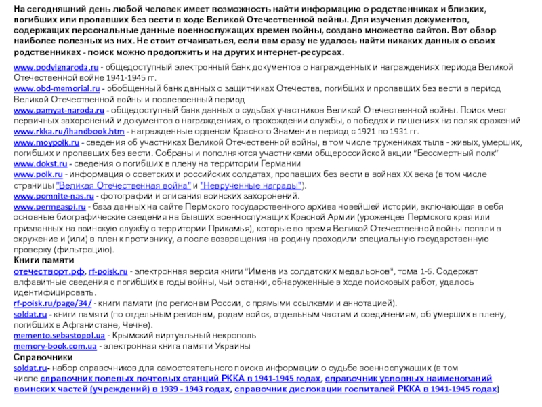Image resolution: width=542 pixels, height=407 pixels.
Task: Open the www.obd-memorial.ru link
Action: point(57,88)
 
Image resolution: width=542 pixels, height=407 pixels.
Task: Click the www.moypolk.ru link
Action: point(47,144)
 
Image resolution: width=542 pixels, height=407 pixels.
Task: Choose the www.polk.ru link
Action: point(38,175)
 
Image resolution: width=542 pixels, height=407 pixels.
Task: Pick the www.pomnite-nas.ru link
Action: point(55,196)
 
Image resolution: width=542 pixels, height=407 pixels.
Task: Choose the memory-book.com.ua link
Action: point(55,346)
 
